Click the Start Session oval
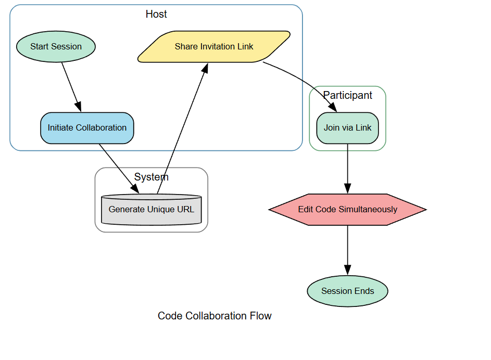(56, 46)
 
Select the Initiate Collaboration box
(87, 127)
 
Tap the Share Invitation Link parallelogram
(214, 46)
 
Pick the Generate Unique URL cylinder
(151, 210)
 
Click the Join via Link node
(347, 127)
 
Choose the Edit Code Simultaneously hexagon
(347, 210)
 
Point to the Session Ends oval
(347, 291)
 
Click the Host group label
(156, 14)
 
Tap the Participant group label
(347, 95)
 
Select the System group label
(151, 177)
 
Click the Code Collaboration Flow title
(215, 316)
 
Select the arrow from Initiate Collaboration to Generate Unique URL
(119, 169)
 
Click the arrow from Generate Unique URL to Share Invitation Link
(182, 128)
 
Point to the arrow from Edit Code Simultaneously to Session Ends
(347, 250)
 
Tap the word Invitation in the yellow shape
(218, 46)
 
